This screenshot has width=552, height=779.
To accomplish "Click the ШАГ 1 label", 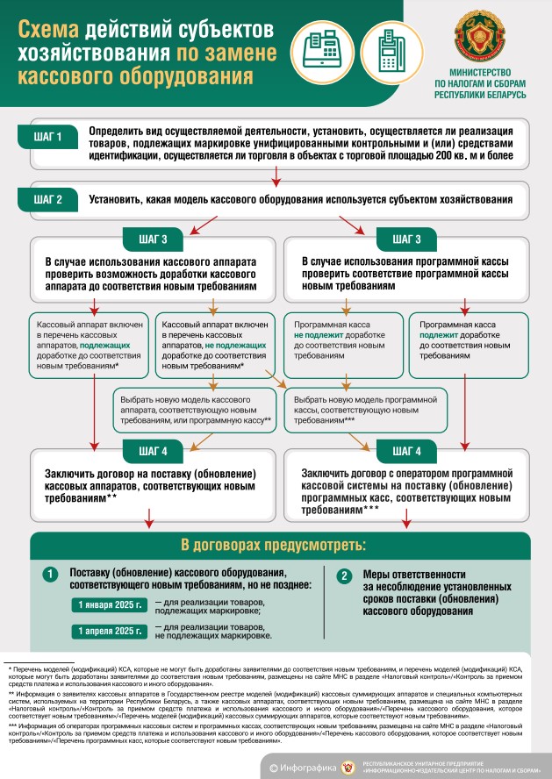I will (x=47, y=137).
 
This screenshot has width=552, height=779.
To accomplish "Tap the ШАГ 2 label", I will (x=47, y=198).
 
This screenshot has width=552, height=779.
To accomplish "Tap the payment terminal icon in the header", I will (x=386, y=47).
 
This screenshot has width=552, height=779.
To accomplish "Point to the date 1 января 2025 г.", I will (x=110, y=605).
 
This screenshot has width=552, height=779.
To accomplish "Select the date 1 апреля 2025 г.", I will (x=110, y=632).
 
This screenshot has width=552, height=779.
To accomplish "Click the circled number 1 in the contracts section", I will (x=51, y=575).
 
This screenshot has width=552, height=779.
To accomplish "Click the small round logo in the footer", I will (x=353, y=768).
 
